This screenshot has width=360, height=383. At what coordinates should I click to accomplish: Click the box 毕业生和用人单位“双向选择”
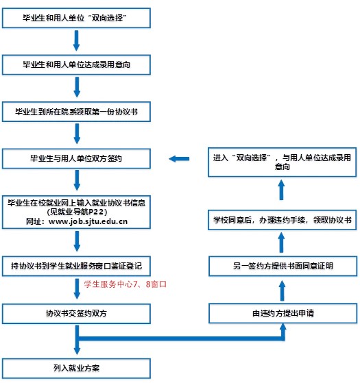[x=76, y=17]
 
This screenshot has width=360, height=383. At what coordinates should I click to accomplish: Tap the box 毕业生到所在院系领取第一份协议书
[x=76, y=110]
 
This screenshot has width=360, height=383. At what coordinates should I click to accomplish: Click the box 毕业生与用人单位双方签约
[x=76, y=158]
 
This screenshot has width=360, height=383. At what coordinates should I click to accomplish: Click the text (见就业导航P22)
[x=76, y=212]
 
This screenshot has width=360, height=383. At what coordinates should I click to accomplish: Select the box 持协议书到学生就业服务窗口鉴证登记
[x=76, y=264]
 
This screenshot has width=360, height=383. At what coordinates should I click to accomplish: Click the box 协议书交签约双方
[x=76, y=314]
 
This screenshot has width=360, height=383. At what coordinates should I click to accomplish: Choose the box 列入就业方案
[x=76, y=367]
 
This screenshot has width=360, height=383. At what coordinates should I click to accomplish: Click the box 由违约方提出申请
[x=283, y=314]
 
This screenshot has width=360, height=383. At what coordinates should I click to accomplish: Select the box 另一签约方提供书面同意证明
[x=283, y=264]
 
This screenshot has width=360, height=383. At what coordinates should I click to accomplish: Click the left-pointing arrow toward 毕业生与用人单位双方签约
[x=179, y=159]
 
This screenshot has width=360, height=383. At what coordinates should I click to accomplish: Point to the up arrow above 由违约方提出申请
[x=283, y=289]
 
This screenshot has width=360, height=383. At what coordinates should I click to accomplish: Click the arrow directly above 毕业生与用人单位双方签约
[x=76, y=134]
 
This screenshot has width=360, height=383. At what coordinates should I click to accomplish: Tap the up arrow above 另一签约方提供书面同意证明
[x=283, y=242]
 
